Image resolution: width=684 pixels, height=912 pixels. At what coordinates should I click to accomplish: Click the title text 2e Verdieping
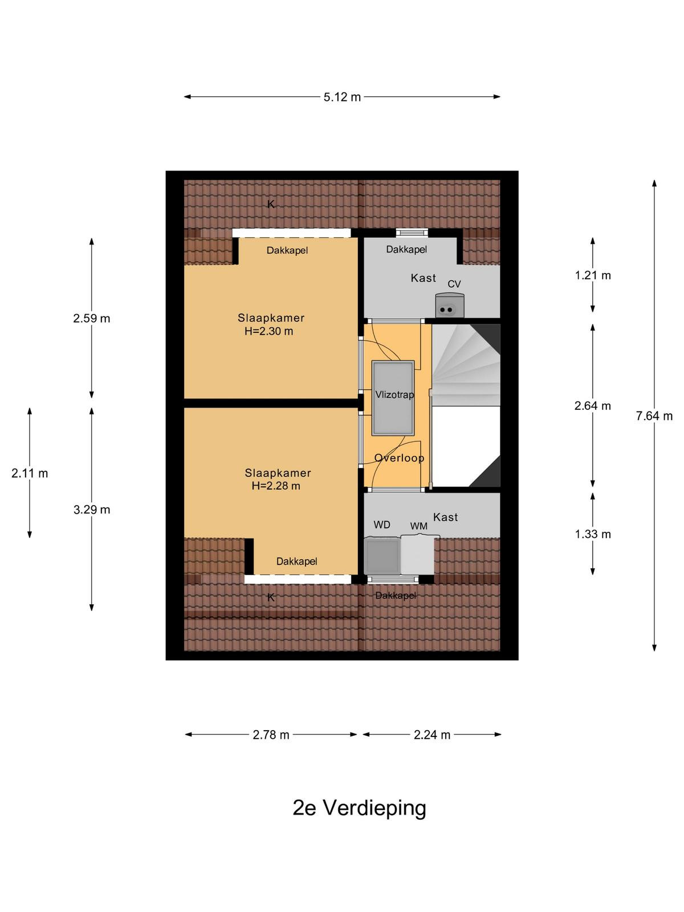click(359, 808)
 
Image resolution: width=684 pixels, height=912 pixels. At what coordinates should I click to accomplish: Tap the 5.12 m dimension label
click(342, 97)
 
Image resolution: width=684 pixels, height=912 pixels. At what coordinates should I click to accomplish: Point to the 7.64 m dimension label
click(654, 416)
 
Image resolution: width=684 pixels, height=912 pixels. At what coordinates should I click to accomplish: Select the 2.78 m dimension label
click(271, 735)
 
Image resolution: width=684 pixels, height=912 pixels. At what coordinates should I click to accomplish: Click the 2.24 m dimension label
click(432, 735)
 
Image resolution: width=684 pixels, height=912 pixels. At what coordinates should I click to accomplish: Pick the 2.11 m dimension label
click(30, 473)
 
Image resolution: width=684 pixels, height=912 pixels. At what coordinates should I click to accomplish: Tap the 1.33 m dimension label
click(593, 534)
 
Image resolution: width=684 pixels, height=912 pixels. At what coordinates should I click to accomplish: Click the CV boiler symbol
click(449, 306)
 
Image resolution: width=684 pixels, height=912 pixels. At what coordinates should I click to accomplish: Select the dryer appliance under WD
click(382, 556)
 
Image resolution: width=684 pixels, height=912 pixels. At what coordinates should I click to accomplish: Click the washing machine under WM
click(417, 555)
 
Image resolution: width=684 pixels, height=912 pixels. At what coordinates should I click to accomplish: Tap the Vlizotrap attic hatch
click(393, 398)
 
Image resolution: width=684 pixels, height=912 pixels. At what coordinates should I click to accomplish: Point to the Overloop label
click(399, 458)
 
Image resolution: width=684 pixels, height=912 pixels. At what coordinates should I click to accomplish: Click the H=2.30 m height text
click(268, 331)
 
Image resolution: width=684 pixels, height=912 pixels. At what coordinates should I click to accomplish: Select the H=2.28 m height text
click(276, 486)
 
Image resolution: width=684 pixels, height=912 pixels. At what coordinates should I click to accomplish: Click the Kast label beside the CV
click(423, 278)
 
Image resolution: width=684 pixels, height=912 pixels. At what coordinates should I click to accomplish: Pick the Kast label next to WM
click(445, 517)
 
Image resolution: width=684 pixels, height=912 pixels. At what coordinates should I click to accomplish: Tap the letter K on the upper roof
click(271, 204)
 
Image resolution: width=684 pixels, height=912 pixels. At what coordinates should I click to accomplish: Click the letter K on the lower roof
click(271, 597)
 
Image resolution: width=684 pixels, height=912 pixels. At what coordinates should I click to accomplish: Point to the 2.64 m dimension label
click(593, 405)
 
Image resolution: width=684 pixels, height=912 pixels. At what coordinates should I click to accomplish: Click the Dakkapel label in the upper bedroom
click(287, 250)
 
